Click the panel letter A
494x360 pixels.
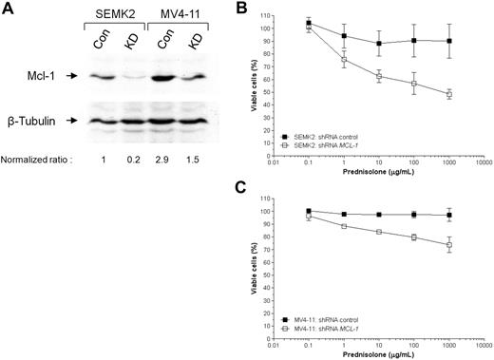point(8,9)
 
